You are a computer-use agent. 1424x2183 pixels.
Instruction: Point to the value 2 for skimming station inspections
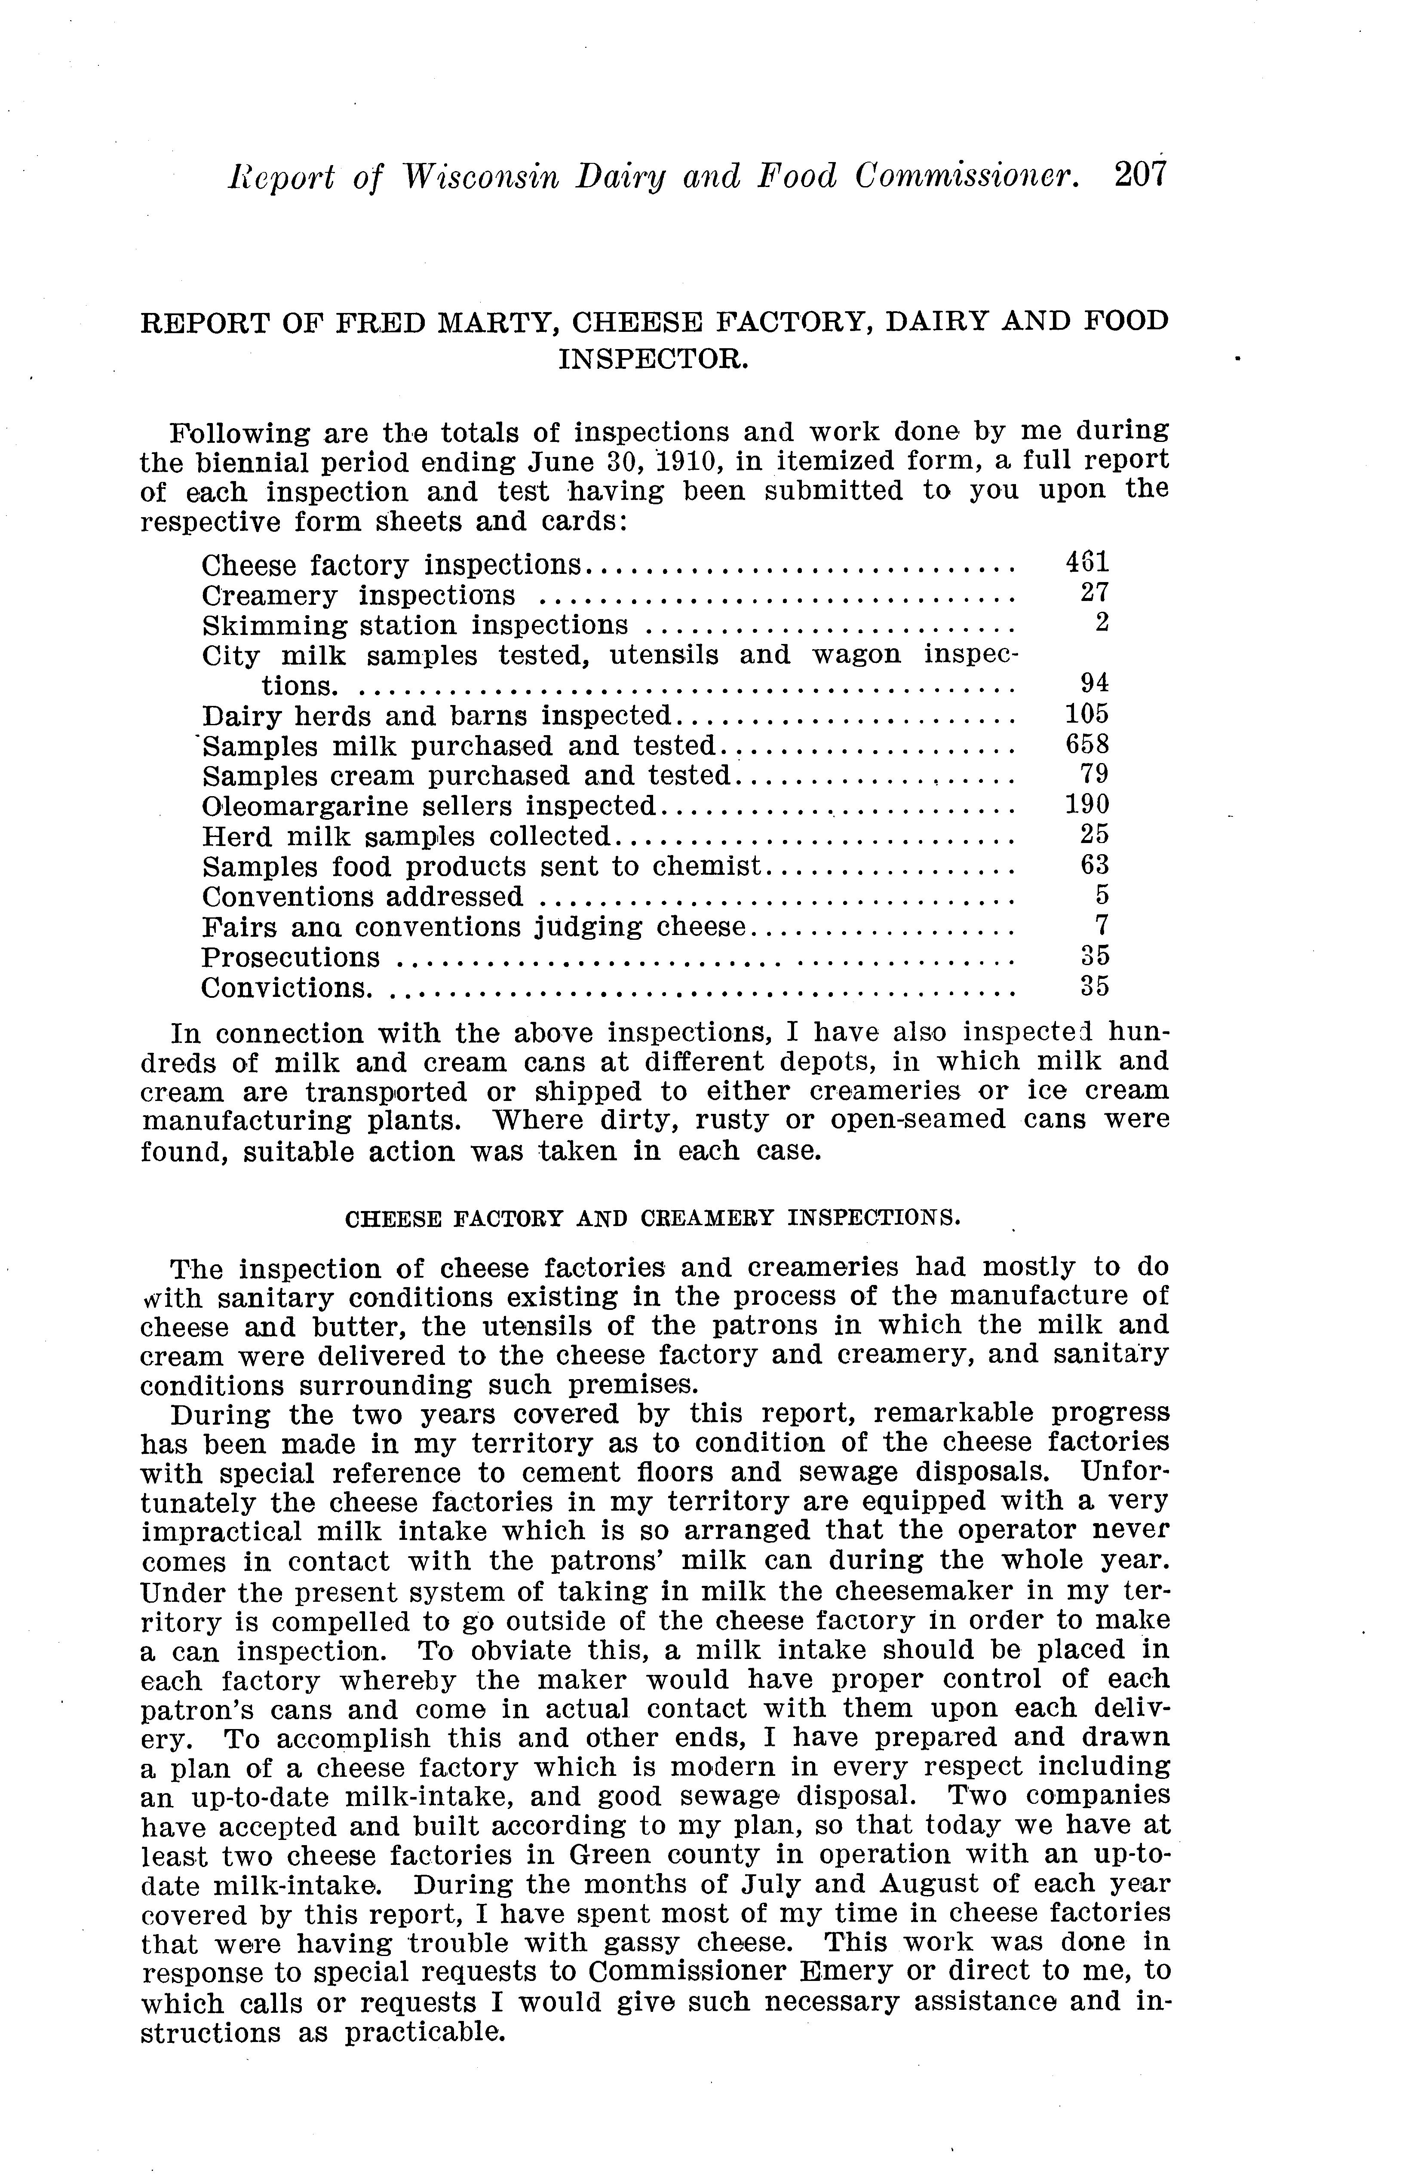point(1102,623)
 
